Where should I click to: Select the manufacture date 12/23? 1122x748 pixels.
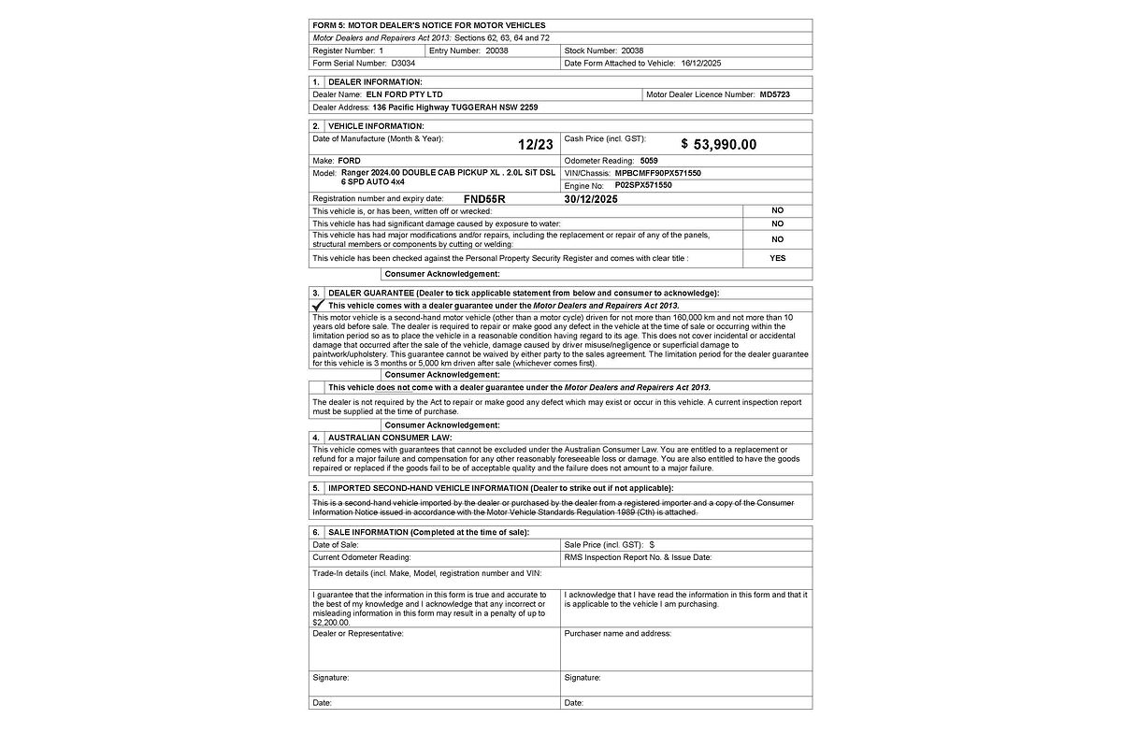click(536, 144)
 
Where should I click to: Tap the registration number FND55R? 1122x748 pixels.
click(484, 199)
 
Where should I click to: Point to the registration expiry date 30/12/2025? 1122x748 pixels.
click(591, 199)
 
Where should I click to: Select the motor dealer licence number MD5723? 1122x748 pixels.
click(775, 94)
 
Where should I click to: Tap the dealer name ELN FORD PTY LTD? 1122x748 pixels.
click(404, 94)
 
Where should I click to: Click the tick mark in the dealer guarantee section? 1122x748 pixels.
click(318, 306)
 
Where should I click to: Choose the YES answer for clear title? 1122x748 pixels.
click(777, 258)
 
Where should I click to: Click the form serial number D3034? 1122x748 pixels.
click(403, 63)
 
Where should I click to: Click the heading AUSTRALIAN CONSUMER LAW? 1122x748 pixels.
click(390, 437)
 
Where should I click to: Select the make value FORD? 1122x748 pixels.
click(349, 161)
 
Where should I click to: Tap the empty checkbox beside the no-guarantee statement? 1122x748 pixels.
click(317, 387)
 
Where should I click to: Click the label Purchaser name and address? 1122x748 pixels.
click(617, 633)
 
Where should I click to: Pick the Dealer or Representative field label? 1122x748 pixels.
click(358, 633)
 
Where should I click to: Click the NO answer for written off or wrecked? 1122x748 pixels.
click(777, 210)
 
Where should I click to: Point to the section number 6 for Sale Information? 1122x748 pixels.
click(316, 532)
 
